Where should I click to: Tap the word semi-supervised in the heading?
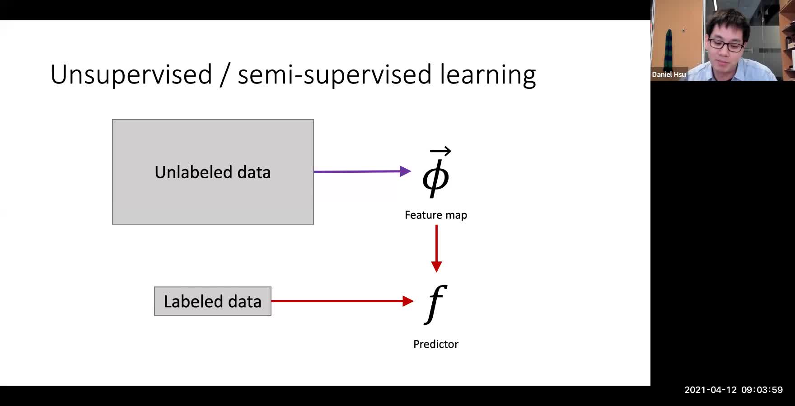coord(334,74)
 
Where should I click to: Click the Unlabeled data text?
coord(212,172)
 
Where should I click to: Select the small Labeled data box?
coord(212,301)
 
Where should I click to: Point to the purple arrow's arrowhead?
coord(405,171)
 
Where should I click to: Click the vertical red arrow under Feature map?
coord(436,248)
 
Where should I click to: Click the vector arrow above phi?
coord(440,151)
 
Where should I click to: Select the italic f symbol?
coord(435,303)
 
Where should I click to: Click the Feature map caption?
coord(435,215)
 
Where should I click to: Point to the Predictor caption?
coord(435,344)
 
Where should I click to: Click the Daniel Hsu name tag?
coord(669,74)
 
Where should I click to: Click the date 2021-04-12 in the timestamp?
coord(710,390)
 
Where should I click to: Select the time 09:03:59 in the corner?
coord(762,390)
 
